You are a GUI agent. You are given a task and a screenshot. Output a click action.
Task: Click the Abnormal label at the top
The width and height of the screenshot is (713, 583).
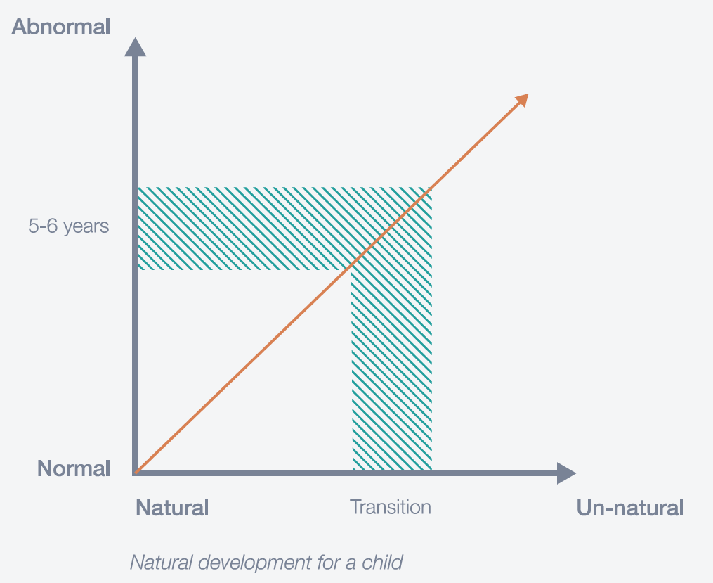pos(61,27)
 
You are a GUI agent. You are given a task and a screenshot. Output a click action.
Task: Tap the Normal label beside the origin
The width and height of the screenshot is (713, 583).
pos(74,468)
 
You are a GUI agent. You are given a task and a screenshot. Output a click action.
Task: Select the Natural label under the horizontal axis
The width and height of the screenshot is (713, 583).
pos(172,508)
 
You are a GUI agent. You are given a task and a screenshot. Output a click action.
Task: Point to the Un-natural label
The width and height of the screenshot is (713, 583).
pos(630,508)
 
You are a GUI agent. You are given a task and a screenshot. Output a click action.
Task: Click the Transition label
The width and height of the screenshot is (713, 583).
pos(391,507)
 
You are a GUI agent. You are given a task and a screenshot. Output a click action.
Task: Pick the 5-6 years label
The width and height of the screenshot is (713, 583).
pos(69,226)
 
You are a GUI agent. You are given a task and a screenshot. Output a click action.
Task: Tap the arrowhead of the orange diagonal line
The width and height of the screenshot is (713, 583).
pos(522,100)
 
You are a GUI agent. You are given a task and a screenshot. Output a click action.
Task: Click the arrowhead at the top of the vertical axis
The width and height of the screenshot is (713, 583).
pos(135,47)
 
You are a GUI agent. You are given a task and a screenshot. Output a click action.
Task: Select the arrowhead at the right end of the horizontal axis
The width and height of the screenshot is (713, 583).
pos(567,473)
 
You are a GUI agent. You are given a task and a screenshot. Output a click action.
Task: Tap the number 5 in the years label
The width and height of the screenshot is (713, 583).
pos(33,226)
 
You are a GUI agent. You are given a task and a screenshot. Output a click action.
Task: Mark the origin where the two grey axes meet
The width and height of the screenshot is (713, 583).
pos(135,473)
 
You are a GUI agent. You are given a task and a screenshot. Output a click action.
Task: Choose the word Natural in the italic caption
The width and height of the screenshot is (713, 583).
pos(162,563)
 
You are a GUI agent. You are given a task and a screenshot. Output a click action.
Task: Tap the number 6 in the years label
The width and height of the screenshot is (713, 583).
pos(52,226)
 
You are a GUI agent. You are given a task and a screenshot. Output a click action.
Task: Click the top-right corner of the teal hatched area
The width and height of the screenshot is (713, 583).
pos(431,187)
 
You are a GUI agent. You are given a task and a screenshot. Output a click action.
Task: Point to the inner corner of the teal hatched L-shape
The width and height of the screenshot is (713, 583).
pos(351,270)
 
